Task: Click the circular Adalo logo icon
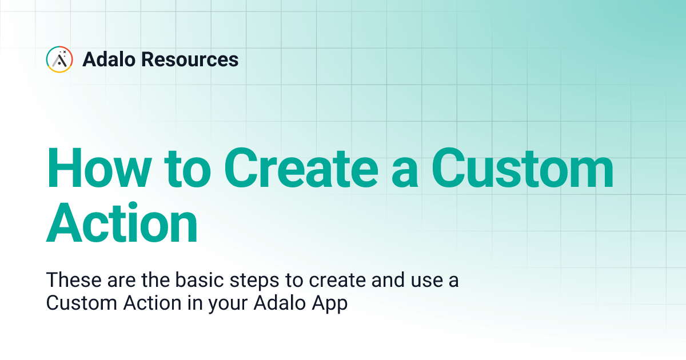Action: (59, 59)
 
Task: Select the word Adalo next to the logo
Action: (109, 59)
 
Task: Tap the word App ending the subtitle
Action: (331, 303)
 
